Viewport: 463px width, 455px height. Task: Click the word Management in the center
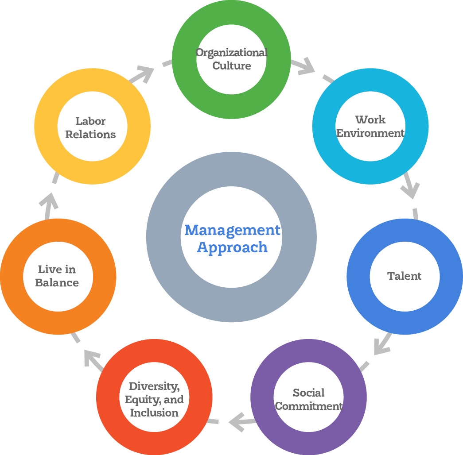[232, 230]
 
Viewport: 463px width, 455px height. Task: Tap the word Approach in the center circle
[232, 247]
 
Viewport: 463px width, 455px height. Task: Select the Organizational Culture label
[231, 59]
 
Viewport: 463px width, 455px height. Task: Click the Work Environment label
[370, 126]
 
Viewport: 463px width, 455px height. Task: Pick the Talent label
[404, 276]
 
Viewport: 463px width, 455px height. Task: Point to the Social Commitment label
[309, 399]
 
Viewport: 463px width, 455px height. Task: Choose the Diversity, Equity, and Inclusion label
[154, 399]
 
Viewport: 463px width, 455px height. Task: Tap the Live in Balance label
[57, 276]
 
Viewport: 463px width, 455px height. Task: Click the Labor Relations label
[90, 127]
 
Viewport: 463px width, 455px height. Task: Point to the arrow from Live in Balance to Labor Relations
[49, 203]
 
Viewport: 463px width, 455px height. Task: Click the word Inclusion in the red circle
[154, 413]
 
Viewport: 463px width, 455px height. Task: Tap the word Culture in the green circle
[231, 66]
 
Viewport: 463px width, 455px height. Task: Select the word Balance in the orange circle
[57, 282]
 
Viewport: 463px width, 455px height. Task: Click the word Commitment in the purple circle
[309, 406]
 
